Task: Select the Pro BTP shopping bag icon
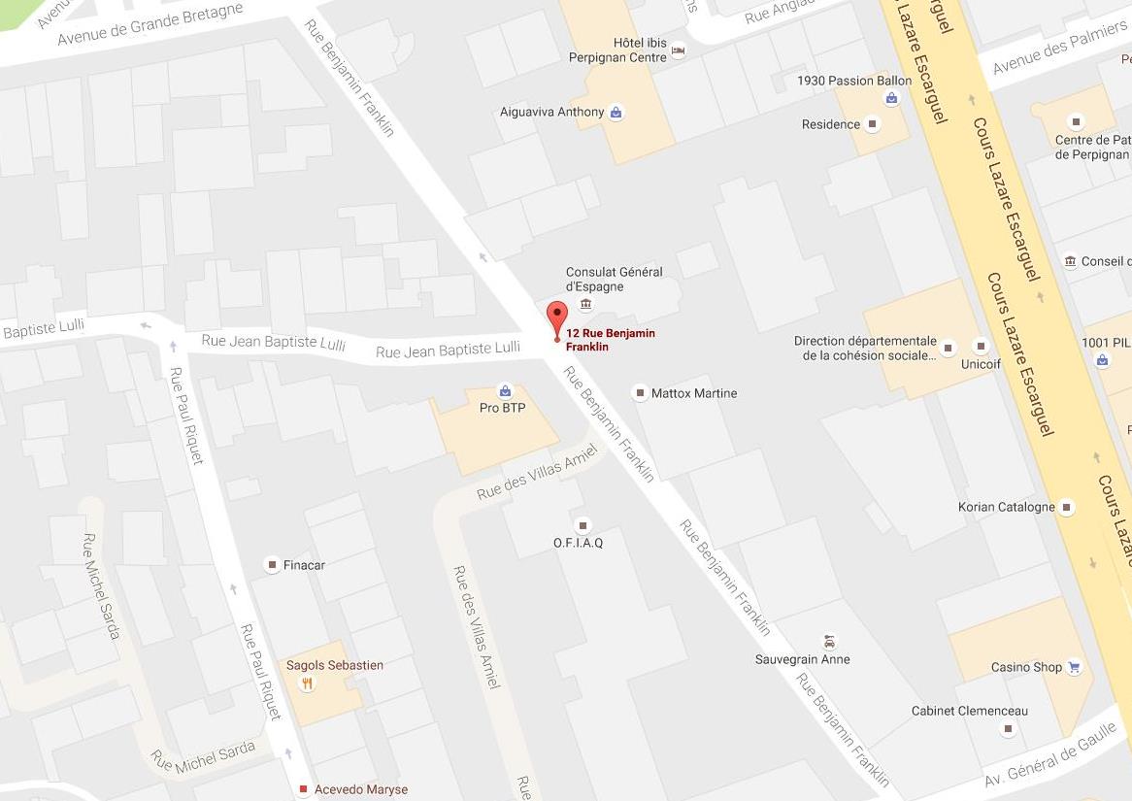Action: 505,391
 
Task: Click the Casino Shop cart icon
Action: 1074,667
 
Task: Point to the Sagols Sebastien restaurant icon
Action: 308,684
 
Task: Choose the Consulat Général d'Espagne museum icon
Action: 585,305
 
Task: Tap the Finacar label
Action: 304,564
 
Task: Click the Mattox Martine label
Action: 694,393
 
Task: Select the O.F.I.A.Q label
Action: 578,543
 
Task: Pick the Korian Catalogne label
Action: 1006,507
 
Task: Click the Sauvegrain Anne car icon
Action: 829,642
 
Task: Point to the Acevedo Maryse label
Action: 360,789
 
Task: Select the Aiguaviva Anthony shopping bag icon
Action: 616,113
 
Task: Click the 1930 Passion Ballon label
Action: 853,81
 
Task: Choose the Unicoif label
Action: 981,363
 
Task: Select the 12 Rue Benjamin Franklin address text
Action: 611,340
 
